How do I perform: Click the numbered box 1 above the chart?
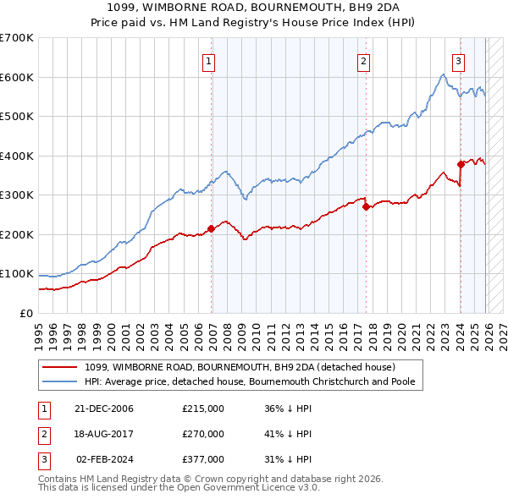tap(208, 61)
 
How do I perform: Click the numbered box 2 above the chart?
tap(363, 61)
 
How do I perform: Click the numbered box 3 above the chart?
tap(458, 61)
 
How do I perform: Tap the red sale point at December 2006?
tap(211, 228)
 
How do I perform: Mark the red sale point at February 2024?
tap(461, 164)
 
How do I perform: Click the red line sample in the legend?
tap(61, 367)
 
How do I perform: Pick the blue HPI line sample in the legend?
tap(61, 381)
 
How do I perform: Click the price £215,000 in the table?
tap(203, 409)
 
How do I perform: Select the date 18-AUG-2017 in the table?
tap(104, 434)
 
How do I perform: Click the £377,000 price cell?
tap(203, 459)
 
